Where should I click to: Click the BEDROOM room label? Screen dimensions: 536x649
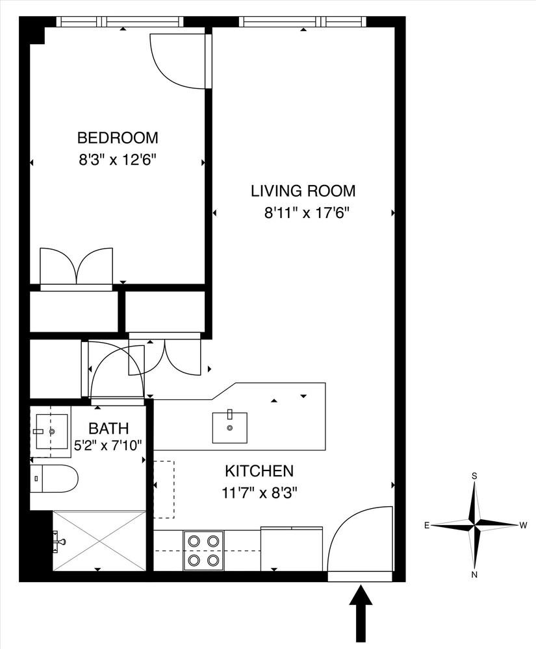coord(118,138)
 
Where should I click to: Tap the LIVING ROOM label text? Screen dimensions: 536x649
coord(303,191)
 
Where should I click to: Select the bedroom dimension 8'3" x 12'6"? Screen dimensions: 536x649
coord(120,160)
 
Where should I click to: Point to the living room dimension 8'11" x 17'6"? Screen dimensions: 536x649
coord(307,213)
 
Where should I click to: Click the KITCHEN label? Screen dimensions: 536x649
coord(259,471)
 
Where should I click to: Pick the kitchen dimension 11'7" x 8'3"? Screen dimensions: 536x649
coord(260,493)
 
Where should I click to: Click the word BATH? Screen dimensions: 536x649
coord(108,428)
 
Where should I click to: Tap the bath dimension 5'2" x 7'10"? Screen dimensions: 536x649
coord(108,445)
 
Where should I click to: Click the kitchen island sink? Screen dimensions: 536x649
coord(230,427)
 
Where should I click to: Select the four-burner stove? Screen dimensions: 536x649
coord(203,551)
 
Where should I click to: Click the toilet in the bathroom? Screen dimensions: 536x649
coord(55,478)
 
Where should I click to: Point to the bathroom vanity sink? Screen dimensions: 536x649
coord(51,431)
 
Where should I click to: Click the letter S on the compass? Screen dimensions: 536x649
coord(475,476)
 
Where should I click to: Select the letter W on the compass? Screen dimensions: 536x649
coord(523,525)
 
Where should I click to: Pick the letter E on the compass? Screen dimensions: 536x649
coord(426,525)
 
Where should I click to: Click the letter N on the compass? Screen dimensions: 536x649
coord(475,574)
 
